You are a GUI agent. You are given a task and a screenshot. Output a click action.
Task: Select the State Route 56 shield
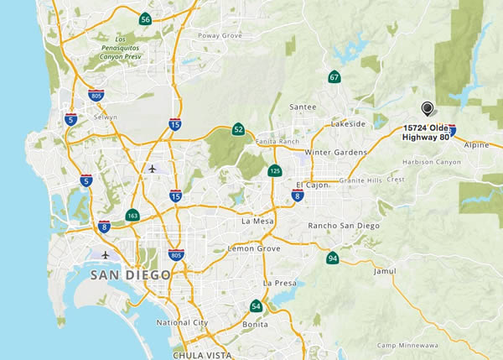click(x=146, y=19)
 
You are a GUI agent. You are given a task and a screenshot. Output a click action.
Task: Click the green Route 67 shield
click(x=334, y=78)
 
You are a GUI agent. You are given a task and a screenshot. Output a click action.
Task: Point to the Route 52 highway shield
click(x=239, y=129)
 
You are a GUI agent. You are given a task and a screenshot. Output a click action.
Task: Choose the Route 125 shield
click(x=275, y=171)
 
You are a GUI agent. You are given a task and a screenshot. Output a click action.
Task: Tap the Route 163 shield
click(x=132, y=216)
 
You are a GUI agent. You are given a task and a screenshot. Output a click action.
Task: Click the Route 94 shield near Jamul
click(x=333, y=258)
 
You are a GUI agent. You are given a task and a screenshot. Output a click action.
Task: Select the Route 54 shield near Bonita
click(x=256, y=306)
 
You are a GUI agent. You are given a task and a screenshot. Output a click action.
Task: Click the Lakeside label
click(x=349, y=123)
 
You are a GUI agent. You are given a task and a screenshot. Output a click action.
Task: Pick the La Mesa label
click(x=257, y=222)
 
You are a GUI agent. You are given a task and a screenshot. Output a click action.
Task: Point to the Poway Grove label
click(x=219, y=36)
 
